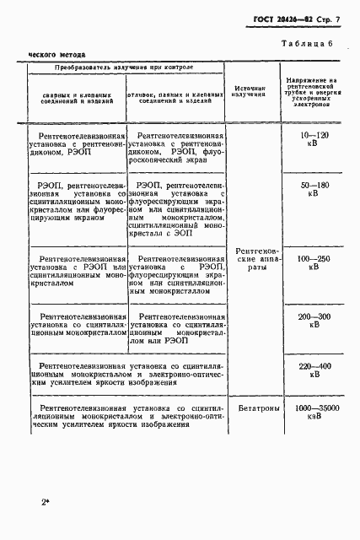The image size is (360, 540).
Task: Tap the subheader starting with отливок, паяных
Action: coord(178,98)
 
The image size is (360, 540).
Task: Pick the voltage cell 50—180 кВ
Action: coord(309,189)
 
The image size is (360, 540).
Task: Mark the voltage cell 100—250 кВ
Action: coord(309,262)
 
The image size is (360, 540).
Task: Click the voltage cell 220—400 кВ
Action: coord(309,371)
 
